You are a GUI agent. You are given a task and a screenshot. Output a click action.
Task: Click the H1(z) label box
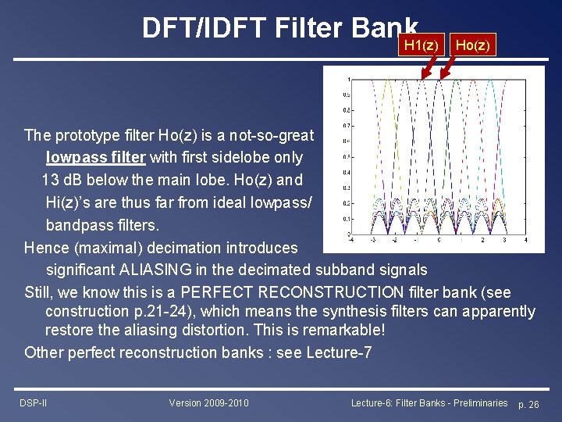422,45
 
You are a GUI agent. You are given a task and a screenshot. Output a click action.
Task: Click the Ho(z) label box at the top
472,45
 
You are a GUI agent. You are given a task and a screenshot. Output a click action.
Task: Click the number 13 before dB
52,180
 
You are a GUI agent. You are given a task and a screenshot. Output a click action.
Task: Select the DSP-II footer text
33,402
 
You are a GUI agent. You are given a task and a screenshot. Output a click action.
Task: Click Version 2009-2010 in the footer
208,402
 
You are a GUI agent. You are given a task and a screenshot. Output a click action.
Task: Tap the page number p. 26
528,403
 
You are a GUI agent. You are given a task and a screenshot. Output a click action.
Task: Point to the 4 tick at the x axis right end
545,241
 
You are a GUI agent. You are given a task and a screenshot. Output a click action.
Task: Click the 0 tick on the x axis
446,241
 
